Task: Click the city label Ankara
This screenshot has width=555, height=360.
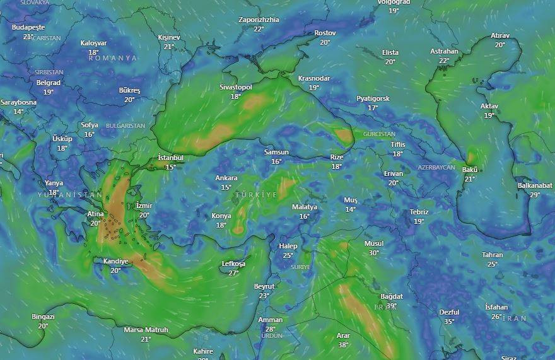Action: (226, 178)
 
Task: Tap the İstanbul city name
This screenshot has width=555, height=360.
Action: (170, 158)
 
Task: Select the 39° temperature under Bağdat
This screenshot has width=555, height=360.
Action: (392, 306)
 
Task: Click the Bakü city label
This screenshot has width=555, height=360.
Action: (470, 170)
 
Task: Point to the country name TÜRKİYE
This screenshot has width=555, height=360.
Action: (256, 195)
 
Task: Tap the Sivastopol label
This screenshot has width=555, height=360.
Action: (236, 87)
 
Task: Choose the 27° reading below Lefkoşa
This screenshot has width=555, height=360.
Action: (233, 273)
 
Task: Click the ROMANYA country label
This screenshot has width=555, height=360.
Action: (113, 58)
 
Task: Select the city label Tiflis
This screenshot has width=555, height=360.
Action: (397, 144)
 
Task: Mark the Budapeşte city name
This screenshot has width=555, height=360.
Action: (28, 28)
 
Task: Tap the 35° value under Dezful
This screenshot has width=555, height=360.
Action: (449, 322)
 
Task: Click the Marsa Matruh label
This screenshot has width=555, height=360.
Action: (146, 330)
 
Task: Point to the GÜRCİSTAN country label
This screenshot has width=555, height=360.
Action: (379, 134)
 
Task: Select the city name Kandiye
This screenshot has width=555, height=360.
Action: (115, 261)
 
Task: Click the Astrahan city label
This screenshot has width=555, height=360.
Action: (444, 51)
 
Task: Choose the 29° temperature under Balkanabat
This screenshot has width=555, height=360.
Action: (535, 195)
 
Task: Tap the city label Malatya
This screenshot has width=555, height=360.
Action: (305, 207)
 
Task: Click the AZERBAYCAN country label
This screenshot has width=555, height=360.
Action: (436, 168)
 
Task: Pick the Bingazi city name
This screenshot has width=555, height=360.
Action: (43, 316)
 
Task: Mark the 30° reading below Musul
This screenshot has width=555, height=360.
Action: (373, 253)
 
